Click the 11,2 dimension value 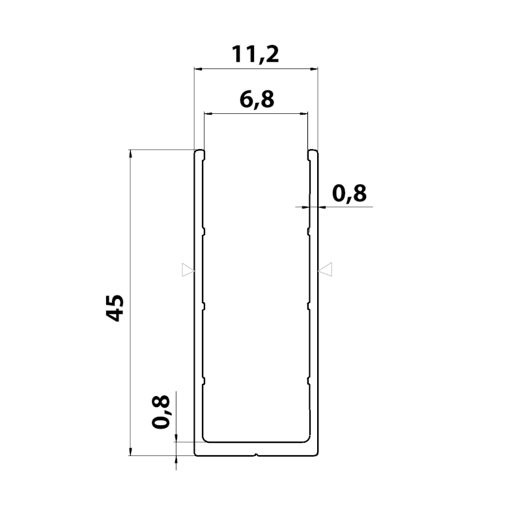click(x=255, y=54)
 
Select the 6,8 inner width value click(x=257, y=100)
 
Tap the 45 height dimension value click(x=115, y=307)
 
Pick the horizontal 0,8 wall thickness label click(x=349, y=193)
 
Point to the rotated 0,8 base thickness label click(x=161, y=412)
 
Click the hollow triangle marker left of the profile click(x=188, y=270)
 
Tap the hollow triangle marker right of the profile click(x=325, y=269)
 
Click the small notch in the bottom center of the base click(x=256, y=454)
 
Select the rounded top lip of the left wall click(x=199, y=154)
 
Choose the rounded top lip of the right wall click(x=313, y=154)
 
